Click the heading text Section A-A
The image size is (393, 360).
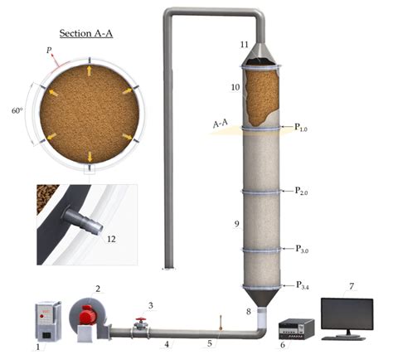tap(86, 33)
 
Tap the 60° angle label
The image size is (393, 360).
tap(17, 111)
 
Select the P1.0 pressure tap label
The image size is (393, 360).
tap(301, 127)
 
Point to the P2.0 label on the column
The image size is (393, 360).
tap(301, 191)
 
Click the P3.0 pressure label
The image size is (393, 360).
tap(302, 249)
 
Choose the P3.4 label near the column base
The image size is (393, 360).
tap(303, 285)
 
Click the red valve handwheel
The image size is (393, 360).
tap(141, 319)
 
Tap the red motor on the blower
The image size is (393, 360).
tap(88, 315)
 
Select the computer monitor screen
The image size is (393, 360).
tap(347, 314)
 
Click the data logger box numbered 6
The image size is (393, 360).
tap(297, 328)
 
